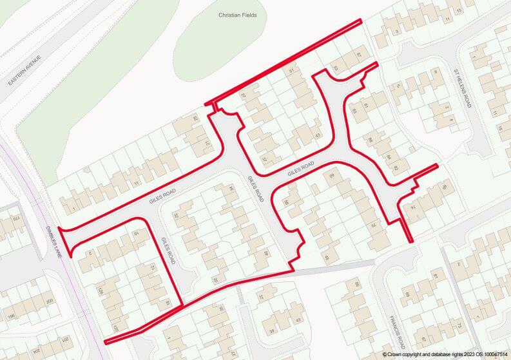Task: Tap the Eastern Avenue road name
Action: click(x=25, y=71)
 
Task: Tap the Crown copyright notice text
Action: click(x=444, y=355)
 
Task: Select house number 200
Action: click(x=50, y=301)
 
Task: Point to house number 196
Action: click(x=11, y=316)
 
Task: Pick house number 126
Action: click(x=100, y=291)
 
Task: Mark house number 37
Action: click(x=263, y=160)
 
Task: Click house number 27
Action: click(x=243, y=97)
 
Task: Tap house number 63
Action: click(x=354, y=111)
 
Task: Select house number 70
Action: click(x=372, y=226)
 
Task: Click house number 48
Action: click(x=326, y=258)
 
